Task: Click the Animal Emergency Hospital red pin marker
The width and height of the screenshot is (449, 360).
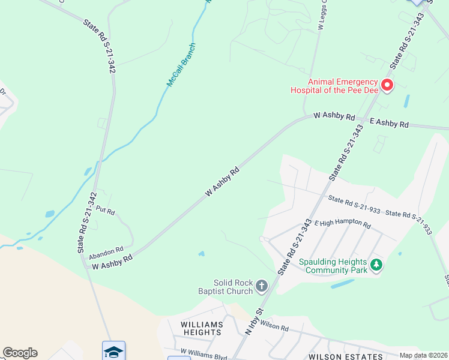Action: (x=387, y=85)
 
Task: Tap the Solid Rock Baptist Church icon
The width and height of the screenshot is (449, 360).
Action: (x=261, y=286)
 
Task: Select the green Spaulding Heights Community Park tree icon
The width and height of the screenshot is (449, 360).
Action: (x=376, y=264)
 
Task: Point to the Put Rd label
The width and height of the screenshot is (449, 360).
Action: (x=105, y=212)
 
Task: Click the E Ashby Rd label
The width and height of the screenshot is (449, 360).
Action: (x=389, y=122)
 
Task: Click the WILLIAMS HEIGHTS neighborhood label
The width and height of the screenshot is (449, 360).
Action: (x=202, y=328)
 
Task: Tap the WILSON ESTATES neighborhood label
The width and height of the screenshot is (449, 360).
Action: (x=345, y=356)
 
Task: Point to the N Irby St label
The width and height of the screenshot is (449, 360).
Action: (x=255, y=322)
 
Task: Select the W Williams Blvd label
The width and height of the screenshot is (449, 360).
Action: (x=203, y=354)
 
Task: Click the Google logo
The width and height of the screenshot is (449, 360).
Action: (x=20, y=353)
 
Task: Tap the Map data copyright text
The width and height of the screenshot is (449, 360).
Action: (x=424, y=355)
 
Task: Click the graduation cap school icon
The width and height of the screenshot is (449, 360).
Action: (x=113, y=350)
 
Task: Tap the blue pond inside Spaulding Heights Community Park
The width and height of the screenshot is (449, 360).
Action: (x=342, y=284)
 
